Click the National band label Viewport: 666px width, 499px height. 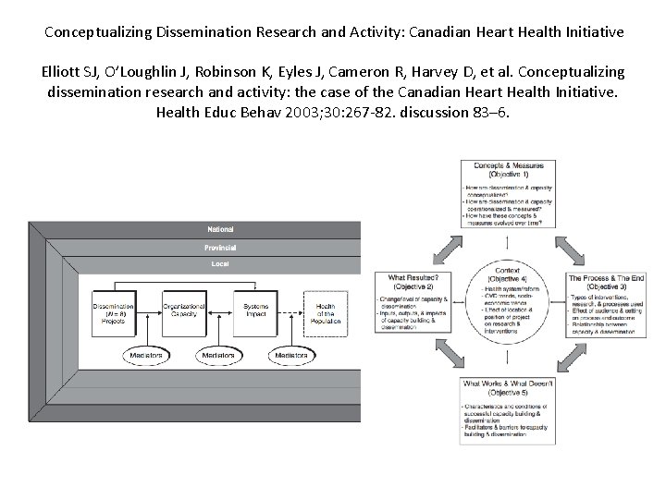220,228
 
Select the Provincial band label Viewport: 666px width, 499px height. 220,248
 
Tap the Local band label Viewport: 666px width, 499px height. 220,264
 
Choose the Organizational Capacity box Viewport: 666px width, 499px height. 184,311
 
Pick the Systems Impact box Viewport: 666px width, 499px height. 255,311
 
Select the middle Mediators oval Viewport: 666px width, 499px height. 220,355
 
